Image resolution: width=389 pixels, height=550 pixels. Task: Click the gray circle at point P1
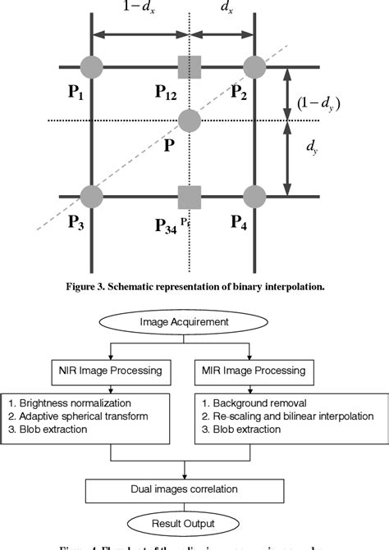(92, 66)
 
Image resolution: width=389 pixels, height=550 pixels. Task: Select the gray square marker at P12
(190, 66)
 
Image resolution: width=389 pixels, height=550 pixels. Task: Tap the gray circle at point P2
(254, 66)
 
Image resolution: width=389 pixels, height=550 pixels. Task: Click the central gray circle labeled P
(190, 120)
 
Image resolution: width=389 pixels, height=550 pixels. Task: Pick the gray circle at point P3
(92, 197)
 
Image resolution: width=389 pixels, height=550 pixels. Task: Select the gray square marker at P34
(190, 197)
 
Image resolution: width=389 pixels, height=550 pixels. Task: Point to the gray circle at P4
(254, 197)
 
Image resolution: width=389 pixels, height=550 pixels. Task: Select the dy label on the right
(313, 147)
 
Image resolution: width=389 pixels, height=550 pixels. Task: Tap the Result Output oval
(194, 523)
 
